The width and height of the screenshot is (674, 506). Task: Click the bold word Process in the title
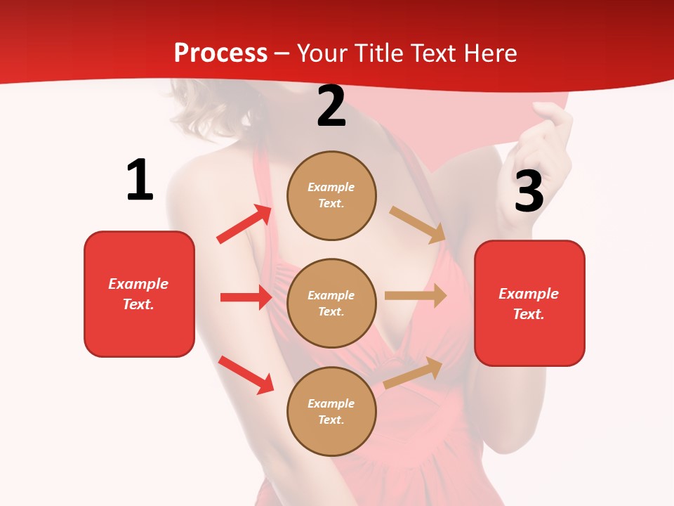pyautogui.click(x=220, y=53)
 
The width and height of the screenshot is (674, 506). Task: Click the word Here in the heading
pyautogui.click(x=489, y=53)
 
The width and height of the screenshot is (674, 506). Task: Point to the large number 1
pyautogui.click(x=140, y=180)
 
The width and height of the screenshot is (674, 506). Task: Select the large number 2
pyautogui.click(x=331, y=107)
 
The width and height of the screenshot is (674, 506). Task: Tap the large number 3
pyautogui.click(x=529, y=191)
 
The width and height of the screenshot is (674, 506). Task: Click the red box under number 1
pyautogui.click(x=139, y=294)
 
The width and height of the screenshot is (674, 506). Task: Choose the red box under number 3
pyautogui.click(x=529, y=303)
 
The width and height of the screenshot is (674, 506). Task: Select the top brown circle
pyautogui.click(x=331, y=195)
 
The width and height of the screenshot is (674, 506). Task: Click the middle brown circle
pyautogui.click(x=331, y=303)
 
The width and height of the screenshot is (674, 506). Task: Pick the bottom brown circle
pyautogui.click(x=331, y=411)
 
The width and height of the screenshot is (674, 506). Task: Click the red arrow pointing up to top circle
pyautogui.click(x=244, y=224)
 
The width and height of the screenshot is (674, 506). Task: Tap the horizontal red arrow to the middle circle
pyautogui.click(x=246, y=297)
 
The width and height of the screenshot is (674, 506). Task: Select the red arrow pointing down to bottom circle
pyautogui.click(x=246, y=375)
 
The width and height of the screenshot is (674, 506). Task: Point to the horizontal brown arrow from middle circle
pyautogui.click(x=416, y=296)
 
